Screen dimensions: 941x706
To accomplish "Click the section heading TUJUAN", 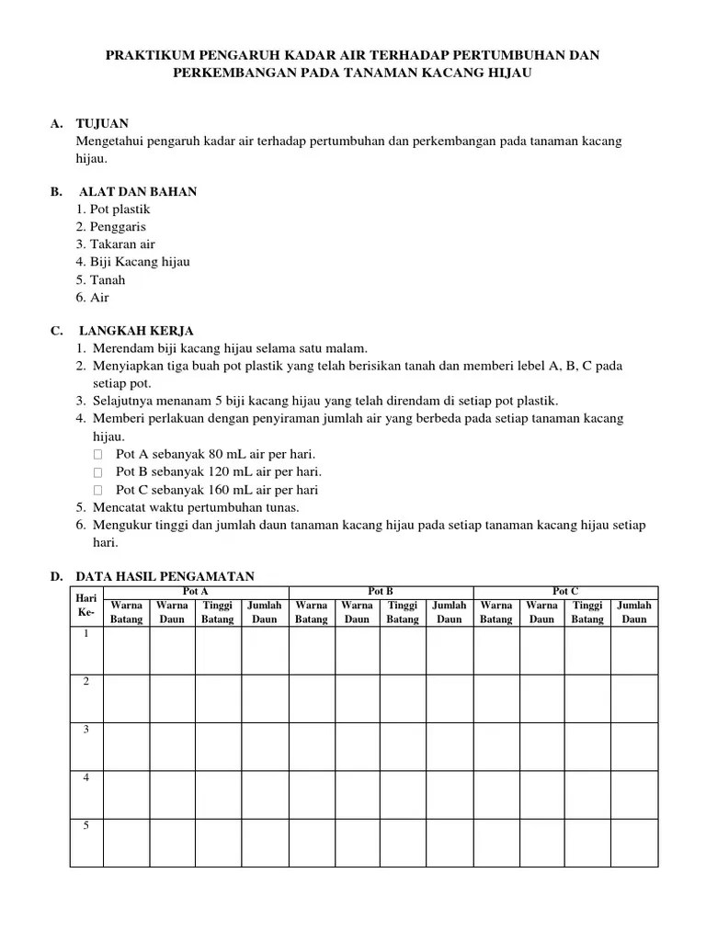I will click(102, 123).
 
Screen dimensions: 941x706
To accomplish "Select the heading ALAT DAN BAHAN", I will click(138, 192).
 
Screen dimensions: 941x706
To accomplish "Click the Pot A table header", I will click(196, 592).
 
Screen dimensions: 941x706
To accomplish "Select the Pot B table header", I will click(381, 592).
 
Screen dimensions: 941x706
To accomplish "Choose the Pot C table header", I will click(565, 592).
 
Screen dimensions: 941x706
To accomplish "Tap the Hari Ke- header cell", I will click(85, 606).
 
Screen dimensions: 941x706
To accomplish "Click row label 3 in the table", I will click(85, 730).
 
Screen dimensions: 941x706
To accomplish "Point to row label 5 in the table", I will click(85, 825).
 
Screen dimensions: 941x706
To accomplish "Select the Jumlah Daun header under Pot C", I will click(634, 612).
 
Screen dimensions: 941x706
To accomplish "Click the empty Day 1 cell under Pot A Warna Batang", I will click(126, 651).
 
